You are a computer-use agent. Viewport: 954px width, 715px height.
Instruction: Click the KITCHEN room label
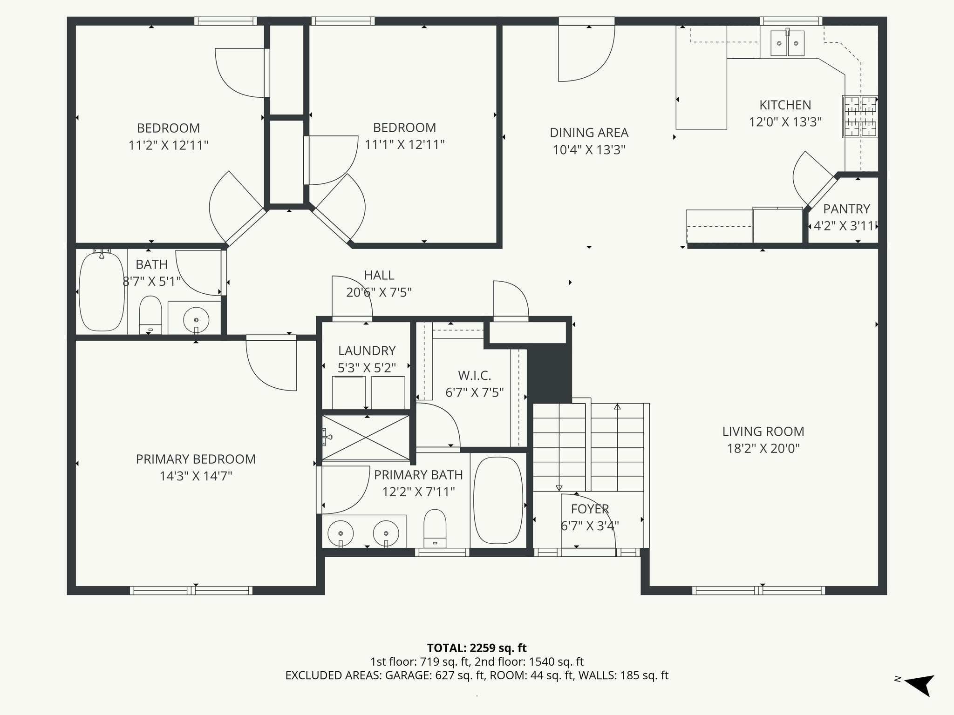pos(785,105)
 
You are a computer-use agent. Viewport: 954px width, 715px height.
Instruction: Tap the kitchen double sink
pos(787,43)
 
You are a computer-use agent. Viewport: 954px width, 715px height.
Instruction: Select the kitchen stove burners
pos(860,116)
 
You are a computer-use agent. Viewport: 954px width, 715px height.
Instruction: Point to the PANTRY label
pos(846,209)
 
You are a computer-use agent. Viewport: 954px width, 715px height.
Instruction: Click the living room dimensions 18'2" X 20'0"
pos(763,449)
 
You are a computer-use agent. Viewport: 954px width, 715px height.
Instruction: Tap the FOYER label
pos(590,509)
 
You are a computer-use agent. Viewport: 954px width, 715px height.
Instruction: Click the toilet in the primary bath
pos(435,528)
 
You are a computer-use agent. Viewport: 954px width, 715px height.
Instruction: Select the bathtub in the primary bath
pos(498,500)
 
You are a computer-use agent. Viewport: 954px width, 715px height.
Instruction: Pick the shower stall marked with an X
pos(366,437)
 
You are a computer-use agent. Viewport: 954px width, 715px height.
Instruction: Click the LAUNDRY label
pos(367,351)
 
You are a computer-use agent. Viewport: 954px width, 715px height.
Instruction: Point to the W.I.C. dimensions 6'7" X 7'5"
pos(474,393)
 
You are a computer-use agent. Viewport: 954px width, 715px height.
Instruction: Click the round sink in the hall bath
pos(196,320)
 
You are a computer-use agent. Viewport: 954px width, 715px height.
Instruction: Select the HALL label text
pos(379,275)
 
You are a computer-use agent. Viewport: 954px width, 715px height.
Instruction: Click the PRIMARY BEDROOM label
pos(196,459)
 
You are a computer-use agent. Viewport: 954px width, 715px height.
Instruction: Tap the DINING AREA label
pos(589,133)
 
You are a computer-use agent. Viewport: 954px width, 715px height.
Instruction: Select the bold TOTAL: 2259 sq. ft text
pos(477,648)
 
